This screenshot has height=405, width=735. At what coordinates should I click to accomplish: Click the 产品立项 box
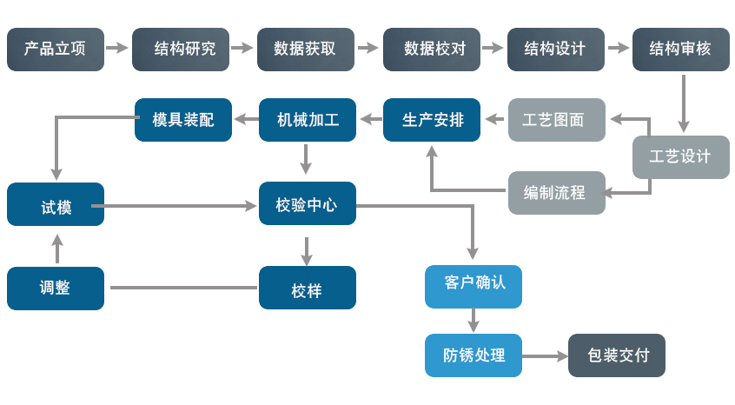(x=56, y=50)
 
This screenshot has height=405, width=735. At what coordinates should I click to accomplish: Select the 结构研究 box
(x=181, y=50)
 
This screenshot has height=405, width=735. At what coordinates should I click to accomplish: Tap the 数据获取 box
(x=306, y=50)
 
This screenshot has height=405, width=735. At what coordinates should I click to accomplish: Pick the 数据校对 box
(x=432, y=50)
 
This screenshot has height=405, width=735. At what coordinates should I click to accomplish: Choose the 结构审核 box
(x=681, y=50)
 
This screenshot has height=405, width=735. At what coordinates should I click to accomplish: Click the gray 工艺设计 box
(x=681, y=157)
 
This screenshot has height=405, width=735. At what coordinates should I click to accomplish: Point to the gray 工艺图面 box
(x=557, y=120)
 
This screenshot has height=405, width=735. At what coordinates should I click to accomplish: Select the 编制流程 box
(x=557, y=193)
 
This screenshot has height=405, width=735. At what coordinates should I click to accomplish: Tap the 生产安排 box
(x=432, y=120)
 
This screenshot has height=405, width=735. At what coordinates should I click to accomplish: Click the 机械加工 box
(x=308, y=120)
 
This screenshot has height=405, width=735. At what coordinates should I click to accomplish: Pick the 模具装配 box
(x=183, y=120)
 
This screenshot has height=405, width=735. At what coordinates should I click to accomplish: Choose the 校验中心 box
(x=308, y=204)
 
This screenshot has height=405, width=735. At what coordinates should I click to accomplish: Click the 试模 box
(x=56, y=204)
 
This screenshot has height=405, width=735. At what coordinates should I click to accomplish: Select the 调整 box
(x=56, y=289)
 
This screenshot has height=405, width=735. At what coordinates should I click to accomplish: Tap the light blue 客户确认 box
(x=473, y=287)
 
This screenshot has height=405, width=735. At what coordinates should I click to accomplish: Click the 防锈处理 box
(x=473, y=355)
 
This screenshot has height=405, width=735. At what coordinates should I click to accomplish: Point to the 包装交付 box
(x=617, y=355)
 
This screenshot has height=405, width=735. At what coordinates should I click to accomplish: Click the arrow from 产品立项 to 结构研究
(x=117, y=49)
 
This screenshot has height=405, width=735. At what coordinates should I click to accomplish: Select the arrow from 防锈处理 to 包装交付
(x=545, y=355)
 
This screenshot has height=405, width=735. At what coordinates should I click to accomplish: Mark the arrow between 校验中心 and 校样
(x=306, y=251)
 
